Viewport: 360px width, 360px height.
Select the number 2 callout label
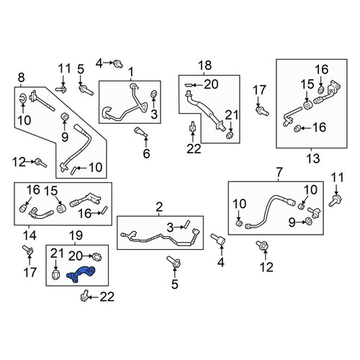coord(159,207)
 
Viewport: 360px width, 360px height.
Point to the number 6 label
coord(146,153)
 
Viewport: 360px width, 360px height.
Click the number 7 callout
coord(279,172)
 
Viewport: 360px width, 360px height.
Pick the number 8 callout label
coord(21,78)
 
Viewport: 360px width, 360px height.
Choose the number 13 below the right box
coord(313,158)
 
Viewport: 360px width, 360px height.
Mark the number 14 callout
coord(30,235)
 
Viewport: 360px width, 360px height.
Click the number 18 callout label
coord(205,66)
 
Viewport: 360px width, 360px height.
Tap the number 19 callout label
coord(76,235)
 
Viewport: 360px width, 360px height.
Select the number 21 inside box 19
coord(57,253)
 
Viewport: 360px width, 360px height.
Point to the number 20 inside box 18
coord(211,84)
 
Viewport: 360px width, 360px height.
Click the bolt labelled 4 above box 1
coord(118,63)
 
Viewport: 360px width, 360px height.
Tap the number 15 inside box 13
coord(307,84)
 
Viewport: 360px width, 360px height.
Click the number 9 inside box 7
coord(292,222)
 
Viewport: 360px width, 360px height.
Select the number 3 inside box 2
coord(170,228)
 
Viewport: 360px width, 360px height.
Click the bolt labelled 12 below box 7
coord(262,246)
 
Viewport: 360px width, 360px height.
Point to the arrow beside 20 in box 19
coord(87,256)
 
